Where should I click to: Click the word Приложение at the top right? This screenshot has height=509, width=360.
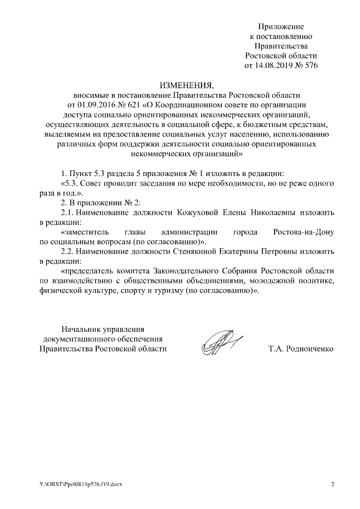pos(281,26)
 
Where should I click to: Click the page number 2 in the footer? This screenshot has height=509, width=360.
pos(332,484)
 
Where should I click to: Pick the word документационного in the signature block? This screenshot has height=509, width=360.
pos(74,339)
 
